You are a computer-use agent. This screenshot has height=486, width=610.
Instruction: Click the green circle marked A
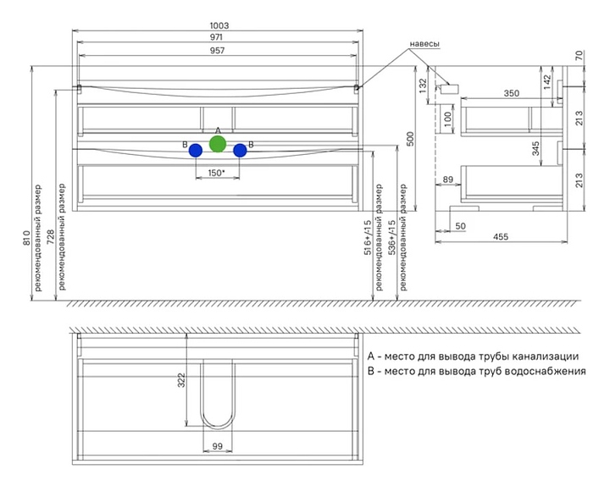[x=218, y=144]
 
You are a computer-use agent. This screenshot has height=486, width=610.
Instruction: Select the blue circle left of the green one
[x=196, y=151]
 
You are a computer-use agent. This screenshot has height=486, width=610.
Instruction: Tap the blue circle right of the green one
[x=240, y=151]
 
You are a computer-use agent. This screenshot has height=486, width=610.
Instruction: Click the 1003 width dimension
[x=219, y=25]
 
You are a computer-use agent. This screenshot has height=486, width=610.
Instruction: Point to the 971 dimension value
[x=219, y=39]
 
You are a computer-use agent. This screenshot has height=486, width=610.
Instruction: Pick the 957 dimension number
[x=219, y=52]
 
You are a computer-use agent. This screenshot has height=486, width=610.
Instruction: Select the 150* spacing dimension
[x=217, y=173]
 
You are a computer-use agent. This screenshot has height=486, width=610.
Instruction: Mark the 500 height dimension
[x=411, y=139]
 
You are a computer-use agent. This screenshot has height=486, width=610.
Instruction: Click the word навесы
[x=425, y=43]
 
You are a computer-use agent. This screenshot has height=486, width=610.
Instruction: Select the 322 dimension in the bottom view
[x=180, y=381]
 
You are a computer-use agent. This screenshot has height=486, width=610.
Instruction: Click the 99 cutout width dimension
[x=218, y=445]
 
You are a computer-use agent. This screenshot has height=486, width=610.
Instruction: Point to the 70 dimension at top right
[x=578, y=56]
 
